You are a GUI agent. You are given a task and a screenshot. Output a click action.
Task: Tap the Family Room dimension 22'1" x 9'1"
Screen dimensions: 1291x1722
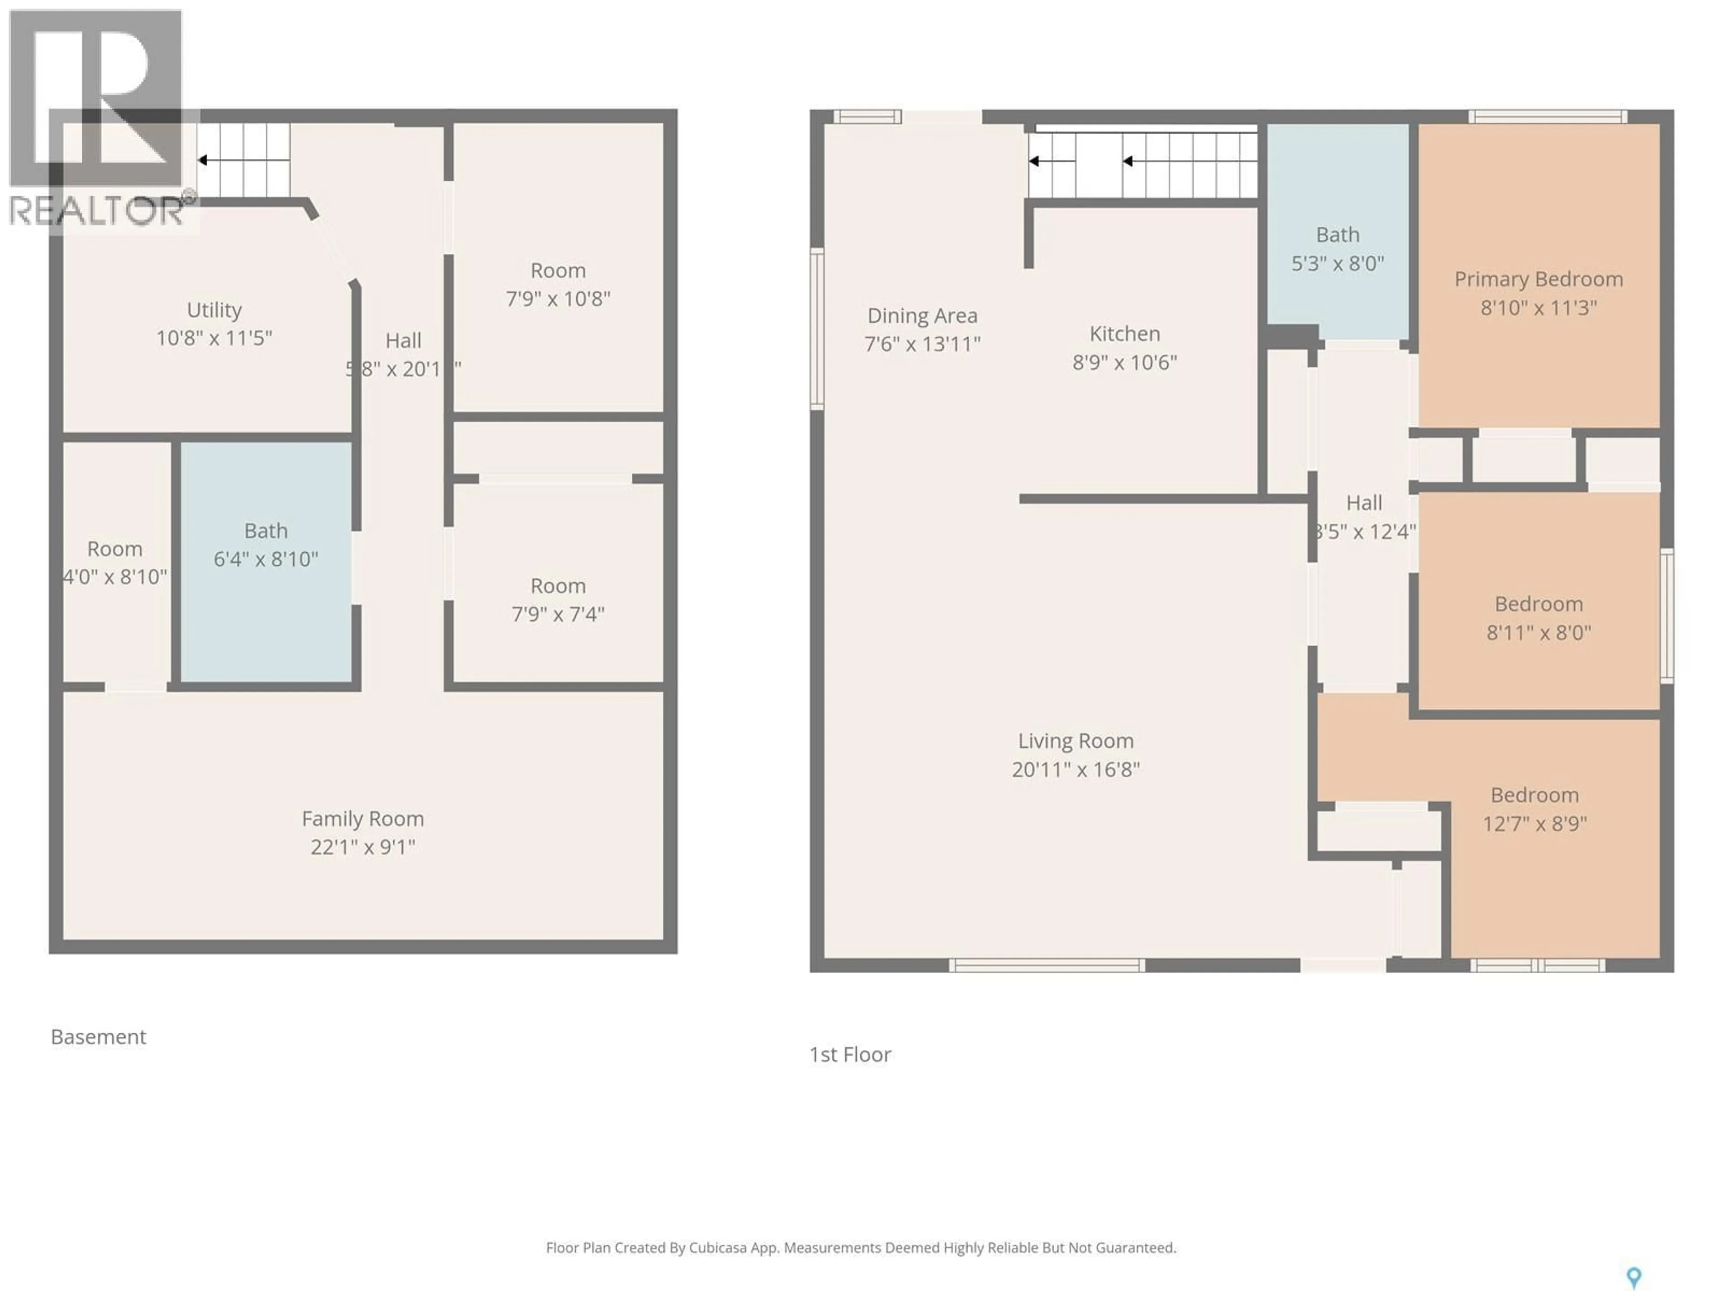363,847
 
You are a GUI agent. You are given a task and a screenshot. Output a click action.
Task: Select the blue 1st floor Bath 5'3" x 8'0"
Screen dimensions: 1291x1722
1337,249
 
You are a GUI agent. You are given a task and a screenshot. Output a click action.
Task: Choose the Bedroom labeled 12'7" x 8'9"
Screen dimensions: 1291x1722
1535,809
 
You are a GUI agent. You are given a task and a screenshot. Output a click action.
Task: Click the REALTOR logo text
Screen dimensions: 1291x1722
97,210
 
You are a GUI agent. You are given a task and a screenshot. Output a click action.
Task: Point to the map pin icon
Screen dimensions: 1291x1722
1633,1276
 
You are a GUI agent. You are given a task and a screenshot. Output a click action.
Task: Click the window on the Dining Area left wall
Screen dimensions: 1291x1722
817,329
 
